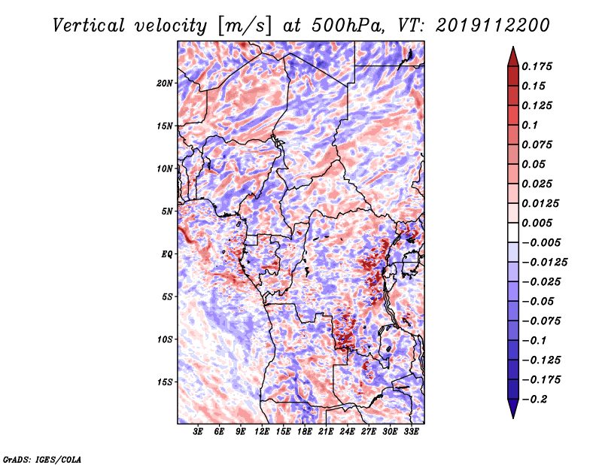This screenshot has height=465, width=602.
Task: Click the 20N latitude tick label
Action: click(165, 84)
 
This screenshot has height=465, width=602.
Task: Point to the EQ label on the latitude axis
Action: click(167, 254)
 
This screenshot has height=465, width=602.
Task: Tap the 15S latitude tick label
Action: click(165, 382)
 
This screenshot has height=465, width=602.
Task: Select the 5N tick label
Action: click(167, 211)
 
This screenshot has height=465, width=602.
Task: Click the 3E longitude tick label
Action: click(198, 432)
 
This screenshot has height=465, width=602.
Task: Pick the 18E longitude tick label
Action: click(305, 432)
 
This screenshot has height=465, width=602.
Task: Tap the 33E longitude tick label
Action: click(411, 432)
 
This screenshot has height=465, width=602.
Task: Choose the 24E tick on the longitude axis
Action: click(347, 432)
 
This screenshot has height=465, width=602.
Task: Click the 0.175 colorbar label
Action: click(537, 66)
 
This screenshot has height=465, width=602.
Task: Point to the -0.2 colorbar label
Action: click(534, 400)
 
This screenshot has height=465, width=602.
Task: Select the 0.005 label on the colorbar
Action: click(537, 223)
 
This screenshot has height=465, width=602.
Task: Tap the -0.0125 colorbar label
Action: click(544, 263)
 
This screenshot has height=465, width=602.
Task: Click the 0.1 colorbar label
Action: click(530, 125)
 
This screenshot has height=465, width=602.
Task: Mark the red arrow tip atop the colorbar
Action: click(513, 47)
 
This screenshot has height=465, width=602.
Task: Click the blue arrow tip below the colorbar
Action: click(513, 418)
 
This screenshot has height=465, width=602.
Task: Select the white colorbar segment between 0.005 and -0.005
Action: click(513, 232)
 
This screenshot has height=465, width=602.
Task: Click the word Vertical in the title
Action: click(89, 26)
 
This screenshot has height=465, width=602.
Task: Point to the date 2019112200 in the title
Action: click(493, 26)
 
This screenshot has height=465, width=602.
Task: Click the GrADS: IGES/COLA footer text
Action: click(42, 460)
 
